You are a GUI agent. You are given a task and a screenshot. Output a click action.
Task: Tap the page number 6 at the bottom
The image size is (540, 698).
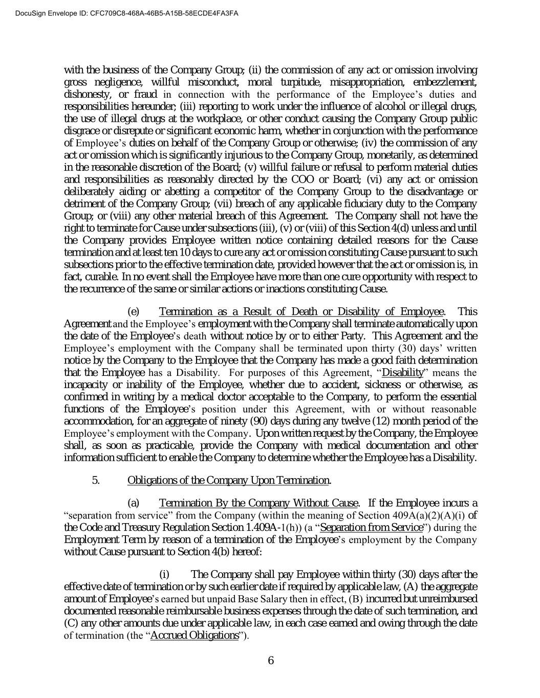click(271, 660)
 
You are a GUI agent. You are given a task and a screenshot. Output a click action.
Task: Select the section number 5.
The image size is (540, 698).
click(96, 480)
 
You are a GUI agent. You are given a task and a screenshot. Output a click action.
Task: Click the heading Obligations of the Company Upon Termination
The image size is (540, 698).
click(228, 480)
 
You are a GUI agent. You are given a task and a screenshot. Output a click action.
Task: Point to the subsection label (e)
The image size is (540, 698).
click(133, 312)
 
